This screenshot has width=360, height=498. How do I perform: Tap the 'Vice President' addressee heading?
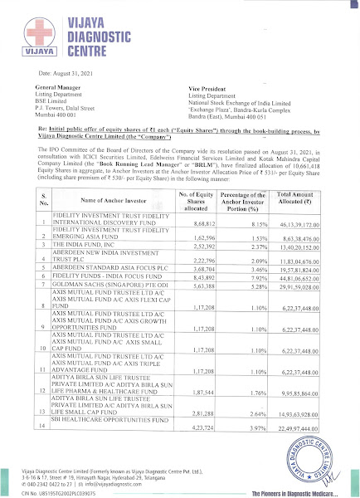[208, 87]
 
